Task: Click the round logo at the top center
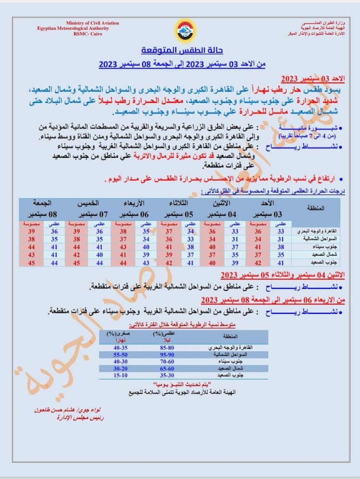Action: pos(184,30)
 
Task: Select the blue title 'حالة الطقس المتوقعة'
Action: pos(182,51)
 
